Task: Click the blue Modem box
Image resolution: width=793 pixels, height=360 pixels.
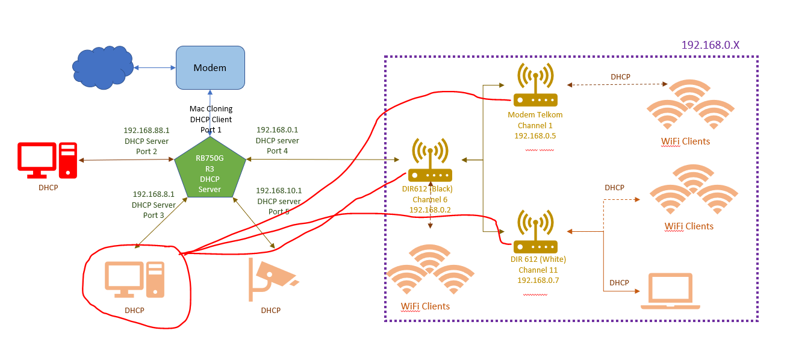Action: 210,67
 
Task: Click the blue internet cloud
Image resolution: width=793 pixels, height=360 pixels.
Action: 103,67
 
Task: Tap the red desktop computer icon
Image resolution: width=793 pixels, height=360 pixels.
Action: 48,161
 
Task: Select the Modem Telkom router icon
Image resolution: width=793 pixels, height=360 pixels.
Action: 535,87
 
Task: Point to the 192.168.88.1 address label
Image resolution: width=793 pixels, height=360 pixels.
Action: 146,130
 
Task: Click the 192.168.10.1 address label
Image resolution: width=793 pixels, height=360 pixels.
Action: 279,191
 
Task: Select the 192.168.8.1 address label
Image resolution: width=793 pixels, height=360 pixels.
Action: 154,194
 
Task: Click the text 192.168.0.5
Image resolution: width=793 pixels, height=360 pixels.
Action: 535,136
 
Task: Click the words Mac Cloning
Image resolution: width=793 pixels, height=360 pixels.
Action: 211,109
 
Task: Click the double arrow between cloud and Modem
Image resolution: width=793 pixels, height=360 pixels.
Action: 154,67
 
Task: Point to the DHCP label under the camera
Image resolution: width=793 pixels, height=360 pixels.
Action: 270,311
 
